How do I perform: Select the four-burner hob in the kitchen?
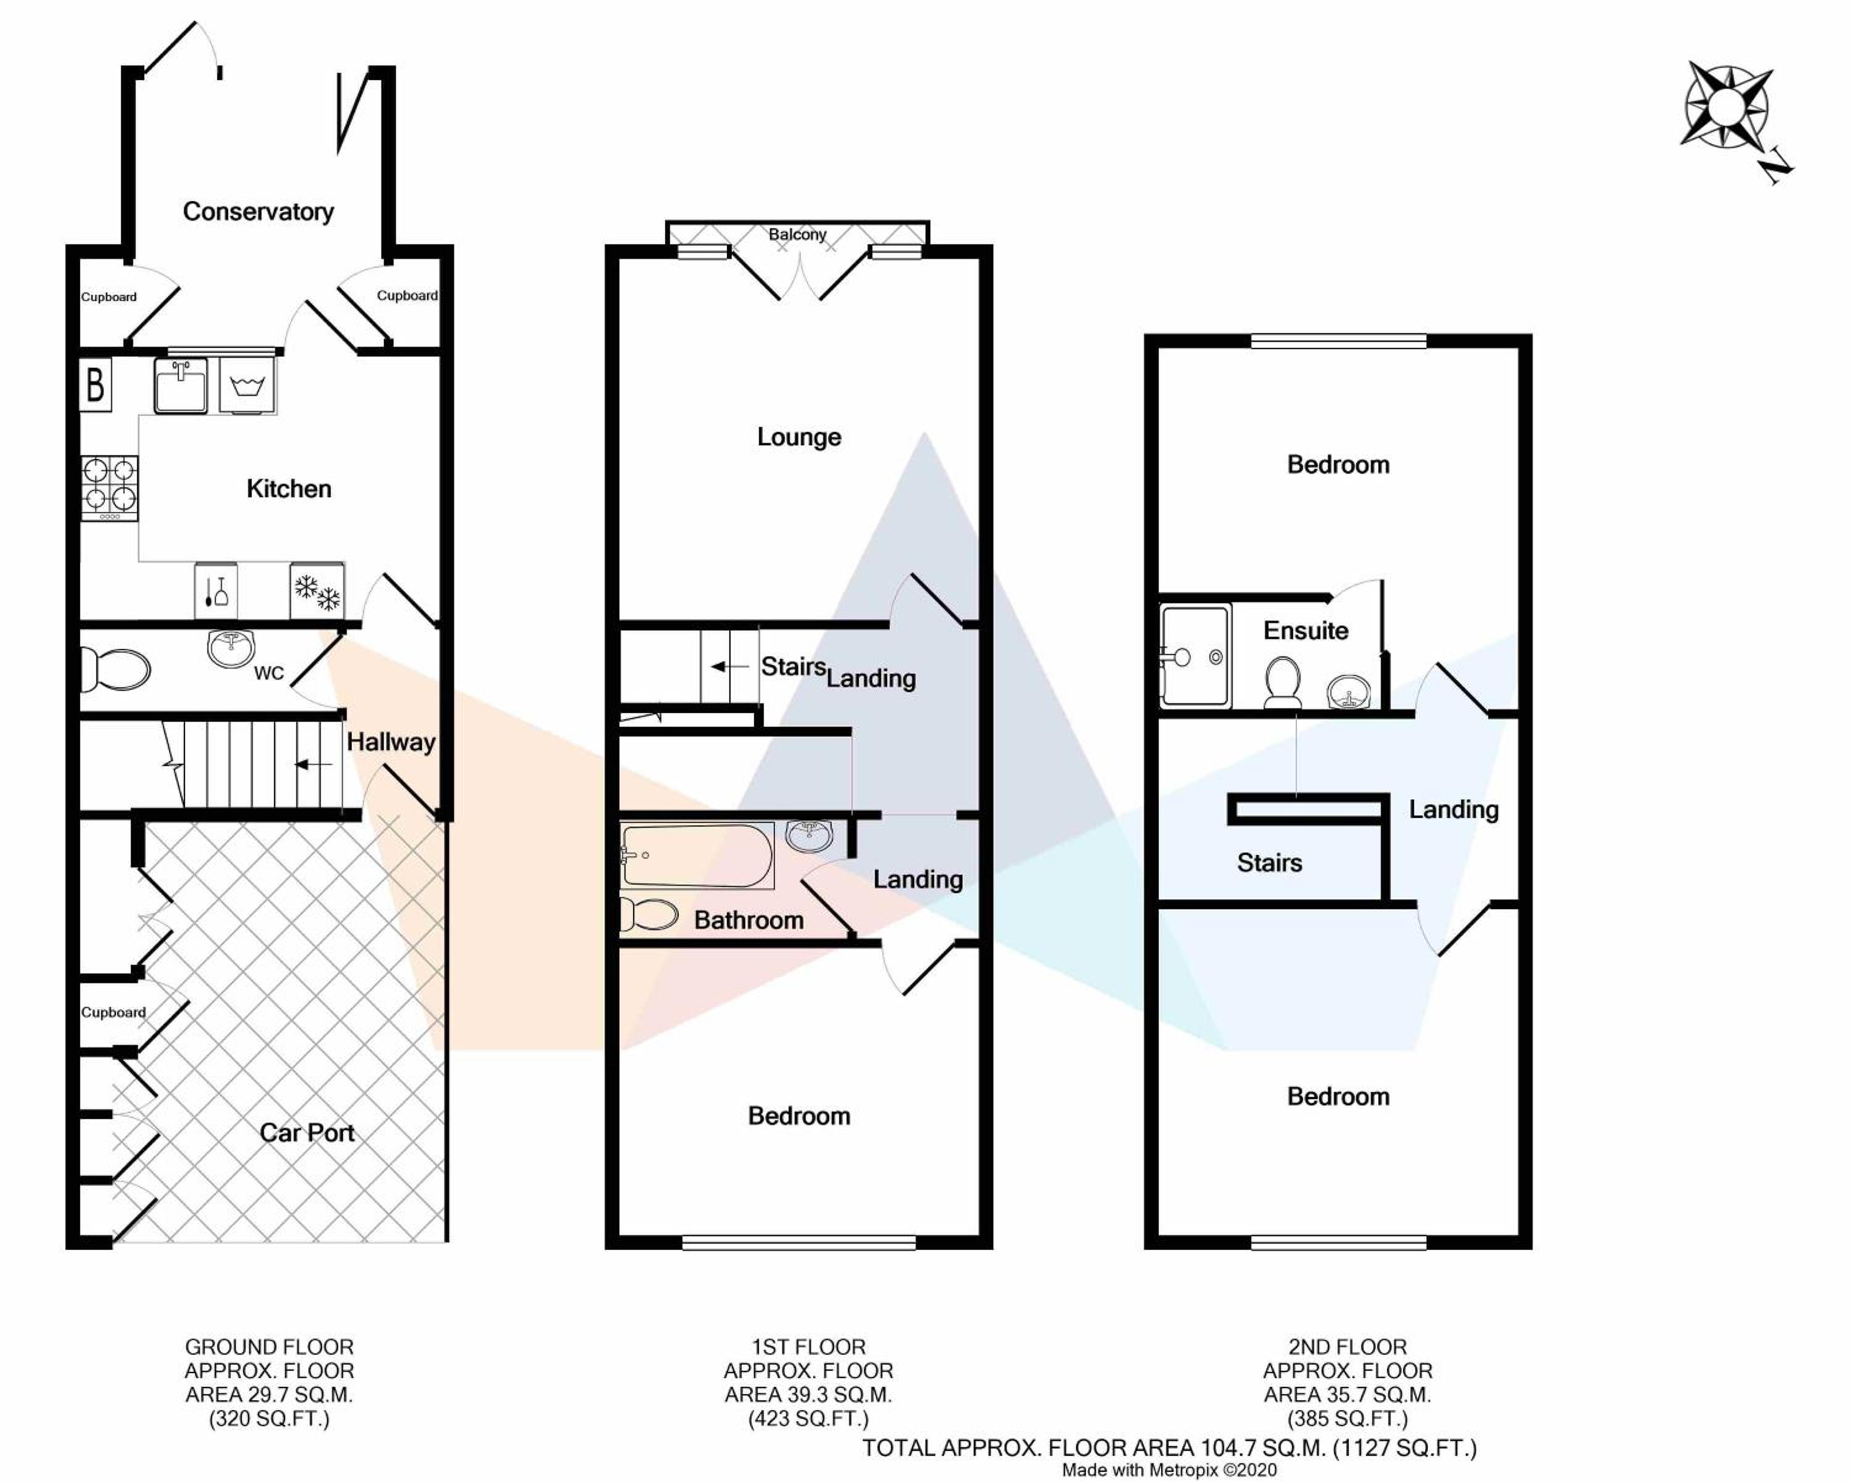click(x=109, y=487)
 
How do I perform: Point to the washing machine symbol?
click(x=247, y=386)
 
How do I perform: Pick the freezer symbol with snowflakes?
click(x=317, y=590)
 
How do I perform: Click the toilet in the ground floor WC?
click(x=114, y=669)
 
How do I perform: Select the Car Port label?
click(x=307, y=1133)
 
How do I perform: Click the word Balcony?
click(x=798, y=234)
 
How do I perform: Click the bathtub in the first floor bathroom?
click(x=697, y=856)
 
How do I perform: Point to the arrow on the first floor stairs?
click(x=729, y=667)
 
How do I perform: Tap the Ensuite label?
click(x=1305, y=631)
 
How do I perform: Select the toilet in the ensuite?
click(x=1283, y=683)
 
